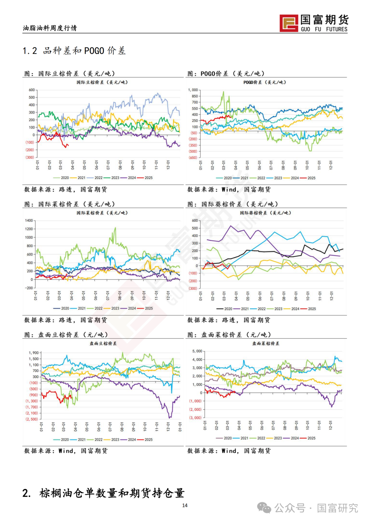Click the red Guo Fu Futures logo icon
[x=289, y=23]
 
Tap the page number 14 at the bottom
[x=185, y=505]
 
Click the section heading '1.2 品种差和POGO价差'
[x=74, y=51]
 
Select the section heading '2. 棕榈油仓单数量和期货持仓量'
[x=103, y=493]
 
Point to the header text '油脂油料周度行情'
[x=50, y=28]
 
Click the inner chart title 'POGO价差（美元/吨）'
[x=264, y=83]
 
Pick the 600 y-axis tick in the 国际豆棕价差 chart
[x=32, y=90]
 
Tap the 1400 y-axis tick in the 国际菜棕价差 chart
[x=29, y=221]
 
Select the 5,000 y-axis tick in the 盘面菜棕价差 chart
[x=197, y=351]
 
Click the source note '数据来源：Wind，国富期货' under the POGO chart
[x=229, y=189]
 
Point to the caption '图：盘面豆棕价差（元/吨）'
[x=66, y=335]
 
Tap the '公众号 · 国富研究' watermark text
[x=316, y=508]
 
